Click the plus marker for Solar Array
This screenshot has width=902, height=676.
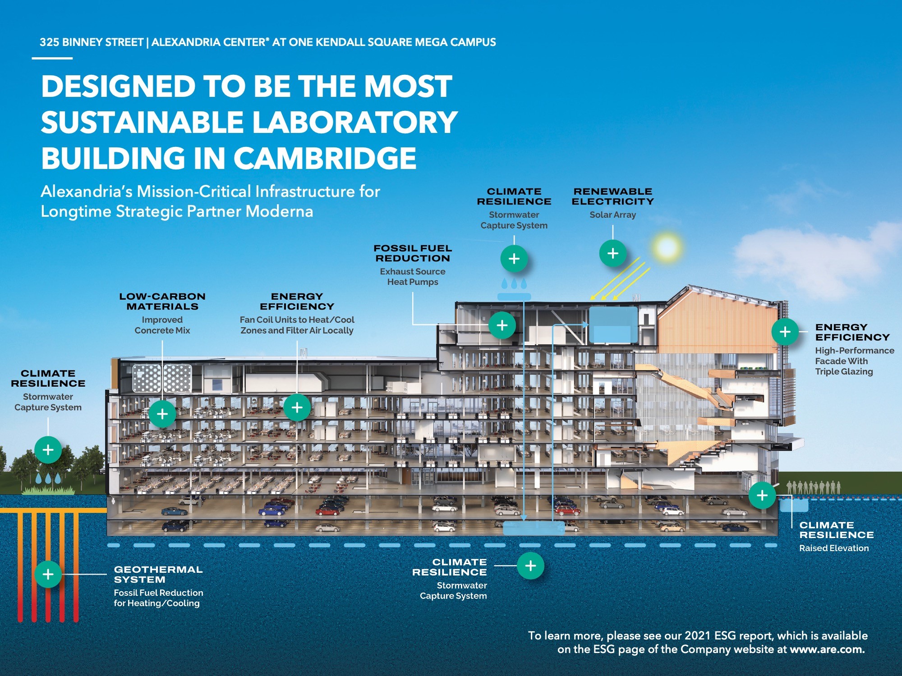(612, 253)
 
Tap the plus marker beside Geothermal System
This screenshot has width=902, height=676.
(48, 574)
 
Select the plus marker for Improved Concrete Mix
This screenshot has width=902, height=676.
(162, 414)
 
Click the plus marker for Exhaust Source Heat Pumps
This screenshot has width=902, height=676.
(502, 325)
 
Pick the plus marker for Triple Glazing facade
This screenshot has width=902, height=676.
(785, 332)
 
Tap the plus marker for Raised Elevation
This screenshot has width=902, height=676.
(762, 495)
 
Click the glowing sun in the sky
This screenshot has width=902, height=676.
(667, 247)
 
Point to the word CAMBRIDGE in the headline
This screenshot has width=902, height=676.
(325, 158)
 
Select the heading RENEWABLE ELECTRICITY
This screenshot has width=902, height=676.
(612, 196)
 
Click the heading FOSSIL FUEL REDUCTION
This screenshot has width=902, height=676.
(413, 253)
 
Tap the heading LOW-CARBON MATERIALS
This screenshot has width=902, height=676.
(162, 301)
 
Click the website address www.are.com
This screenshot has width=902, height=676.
(827, 649)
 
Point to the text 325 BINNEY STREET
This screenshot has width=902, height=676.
(92, 42)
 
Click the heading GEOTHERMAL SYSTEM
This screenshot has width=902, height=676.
(158, 575)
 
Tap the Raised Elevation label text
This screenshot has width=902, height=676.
(834, 548)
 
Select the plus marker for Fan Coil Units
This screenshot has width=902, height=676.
(297, 407)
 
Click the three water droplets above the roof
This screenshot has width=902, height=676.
(514, 283)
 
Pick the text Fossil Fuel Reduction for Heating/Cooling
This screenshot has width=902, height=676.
(158, 598)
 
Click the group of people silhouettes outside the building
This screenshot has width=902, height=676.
(814, 487)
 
